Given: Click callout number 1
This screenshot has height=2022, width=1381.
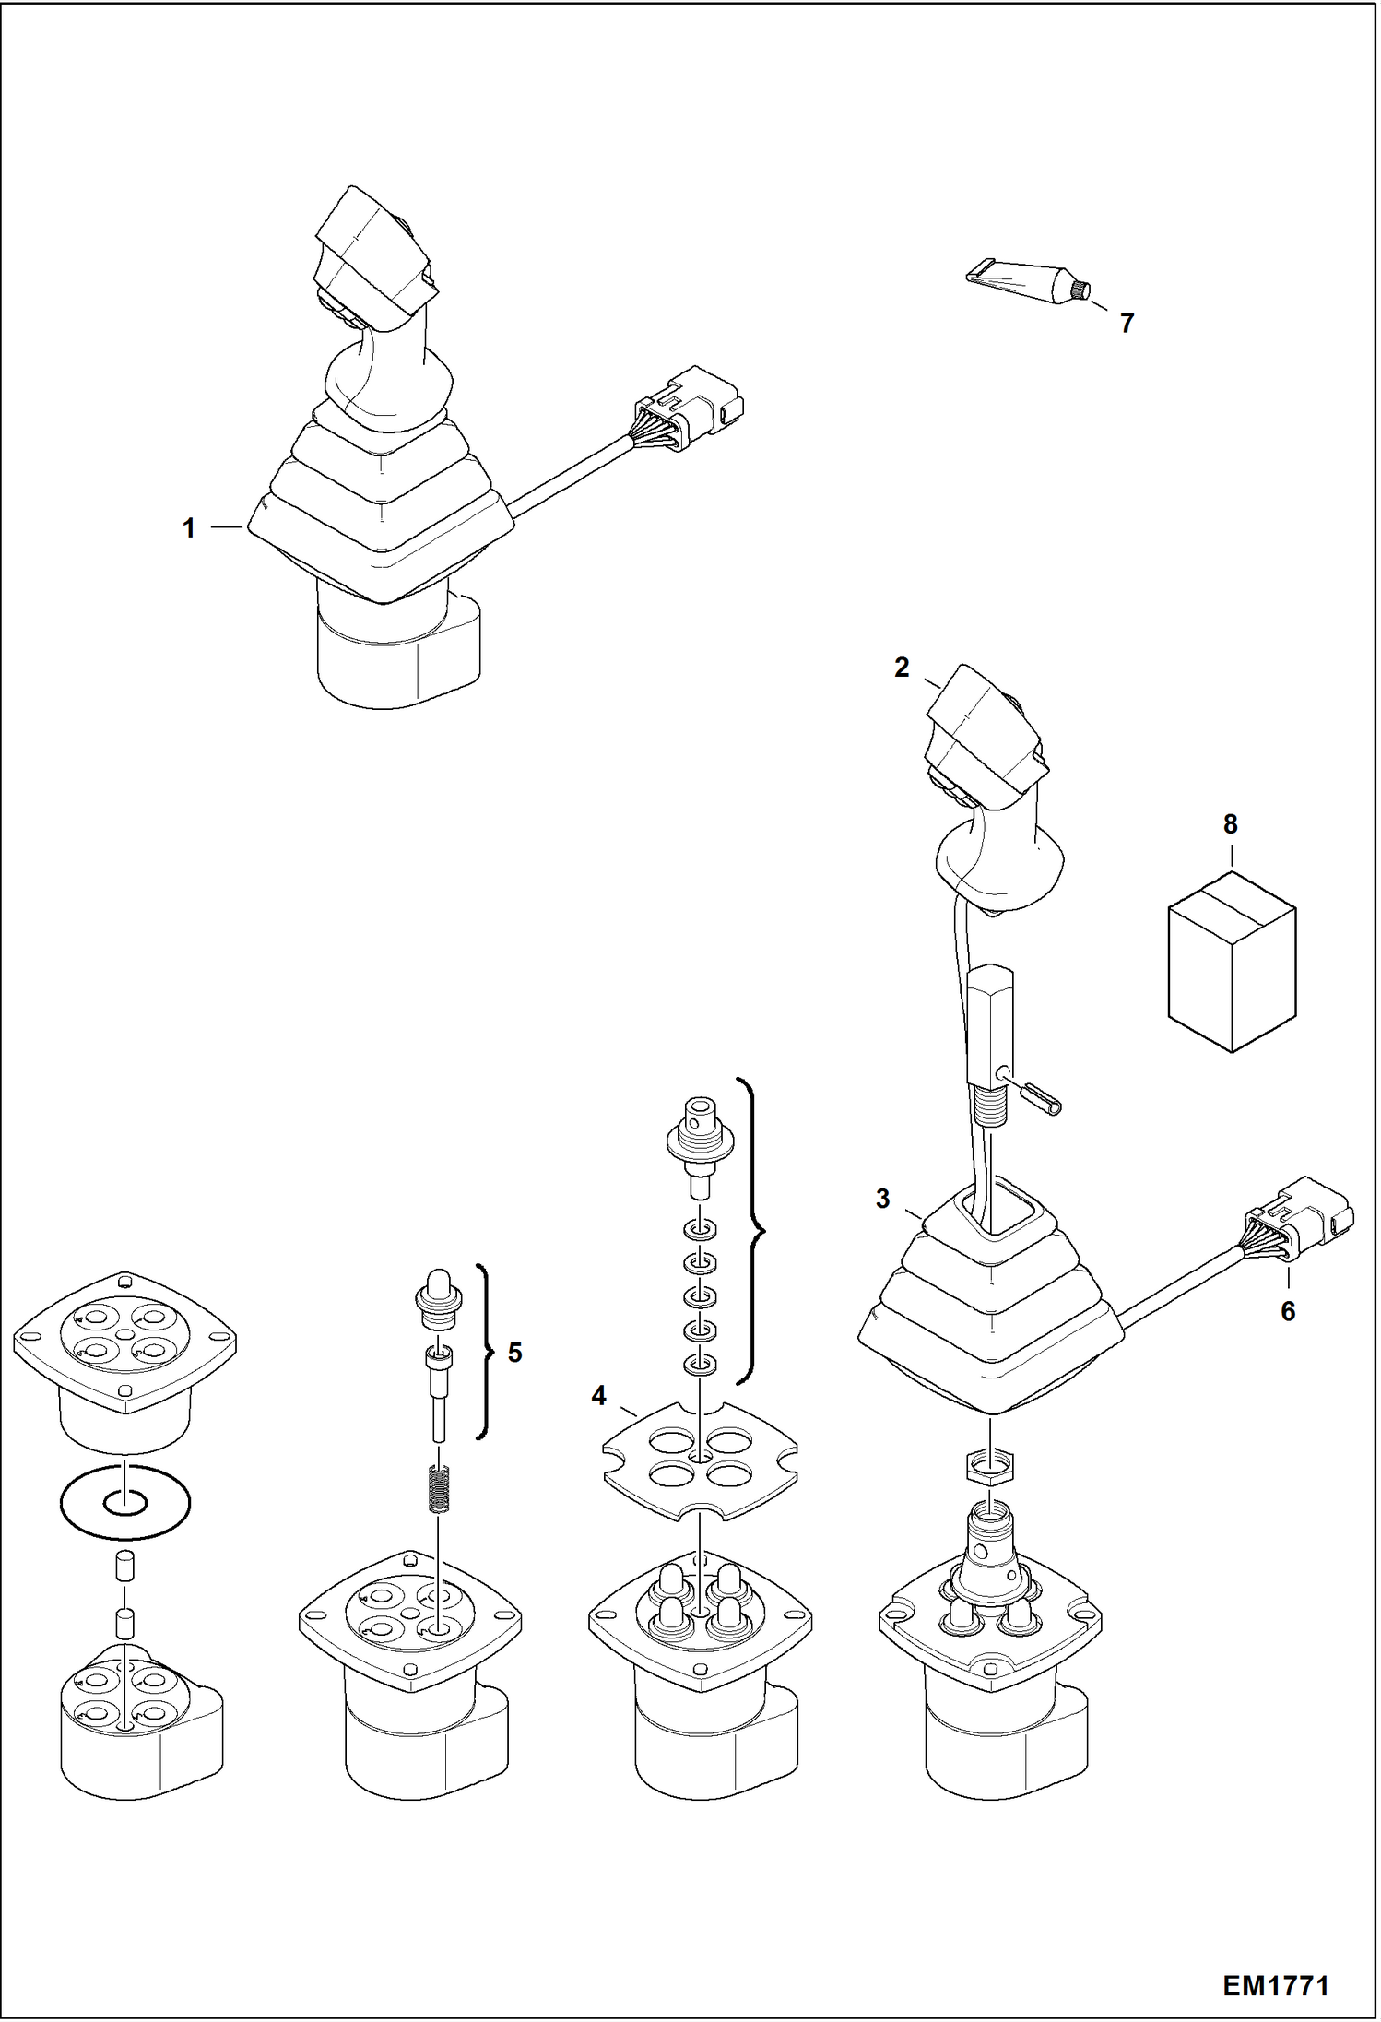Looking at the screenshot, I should (189, 528).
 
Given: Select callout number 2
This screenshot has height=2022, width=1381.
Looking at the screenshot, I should (902, 668).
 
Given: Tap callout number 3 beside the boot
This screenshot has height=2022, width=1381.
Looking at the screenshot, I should (882, 1199).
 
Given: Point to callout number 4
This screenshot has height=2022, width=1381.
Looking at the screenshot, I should (598, 1397).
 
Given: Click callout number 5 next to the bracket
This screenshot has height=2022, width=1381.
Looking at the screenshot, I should (514, 1353).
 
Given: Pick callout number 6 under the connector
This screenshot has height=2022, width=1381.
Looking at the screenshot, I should (1288, 1310).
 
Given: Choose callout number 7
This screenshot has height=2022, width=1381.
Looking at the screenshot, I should (1127, 323).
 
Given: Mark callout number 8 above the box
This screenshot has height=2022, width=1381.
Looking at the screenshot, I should (1231, 824).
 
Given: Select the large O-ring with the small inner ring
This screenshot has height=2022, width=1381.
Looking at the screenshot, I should (125, 1503).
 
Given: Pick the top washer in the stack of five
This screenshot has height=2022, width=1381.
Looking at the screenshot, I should (701, 1231).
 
